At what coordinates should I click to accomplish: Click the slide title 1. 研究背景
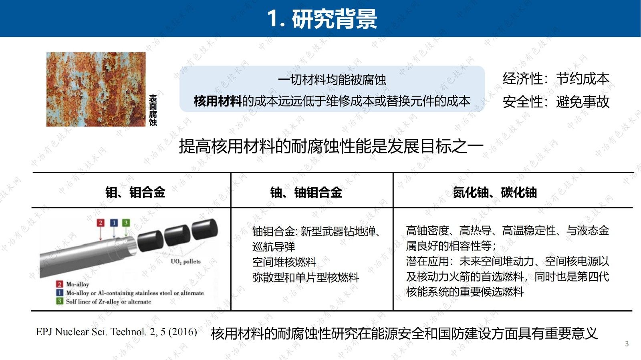[x=322, y=19]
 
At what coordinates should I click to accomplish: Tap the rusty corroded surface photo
[x=96, y=89]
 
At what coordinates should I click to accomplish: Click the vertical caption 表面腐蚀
[x=153, y=110]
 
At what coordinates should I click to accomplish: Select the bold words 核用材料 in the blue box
[x=218, y=101]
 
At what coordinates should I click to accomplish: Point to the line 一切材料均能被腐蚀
[x=332, y=80]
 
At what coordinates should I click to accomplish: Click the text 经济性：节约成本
[x=556, y=78]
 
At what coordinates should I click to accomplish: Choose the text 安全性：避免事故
[x=556, y=102]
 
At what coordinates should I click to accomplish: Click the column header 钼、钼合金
[x=135, y=192]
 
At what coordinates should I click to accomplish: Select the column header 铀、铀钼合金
[x=306, y=192]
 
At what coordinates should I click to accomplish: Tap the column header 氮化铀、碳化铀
[x=495, y=192]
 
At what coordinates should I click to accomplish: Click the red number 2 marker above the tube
[x=101, y=223]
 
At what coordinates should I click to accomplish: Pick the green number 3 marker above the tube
[x=126, y=223]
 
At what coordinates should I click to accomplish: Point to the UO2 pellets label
[x=185, y=261]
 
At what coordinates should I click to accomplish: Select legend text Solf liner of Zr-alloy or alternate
[x=108, y=302]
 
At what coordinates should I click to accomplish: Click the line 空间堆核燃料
[x=284, y=262]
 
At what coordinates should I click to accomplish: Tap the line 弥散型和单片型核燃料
[x=305, y=278]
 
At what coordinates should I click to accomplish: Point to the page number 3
[x=627, y=344]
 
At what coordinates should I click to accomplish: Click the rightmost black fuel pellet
[x=205, y=229]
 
